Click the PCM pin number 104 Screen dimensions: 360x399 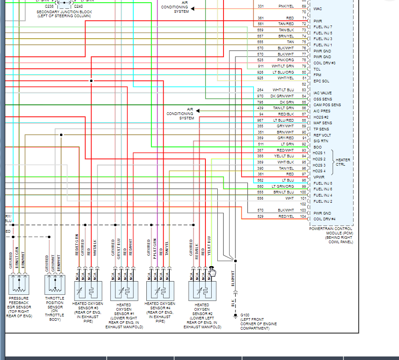point(304,216)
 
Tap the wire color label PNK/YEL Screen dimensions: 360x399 point(286,6)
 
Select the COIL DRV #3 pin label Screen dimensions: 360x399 point(324,63)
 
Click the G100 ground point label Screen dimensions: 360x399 point(245,315)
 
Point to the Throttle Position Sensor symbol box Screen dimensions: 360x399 point(55,284)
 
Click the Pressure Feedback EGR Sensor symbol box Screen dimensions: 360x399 point(19,284)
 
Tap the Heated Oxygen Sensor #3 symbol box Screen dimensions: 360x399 point(89,290)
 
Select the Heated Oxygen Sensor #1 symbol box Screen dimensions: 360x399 point(124,291)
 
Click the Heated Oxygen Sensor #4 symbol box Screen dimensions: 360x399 point(160,290)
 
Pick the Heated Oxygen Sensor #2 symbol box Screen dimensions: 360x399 point(202,291)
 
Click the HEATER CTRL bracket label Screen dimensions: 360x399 point(343,162)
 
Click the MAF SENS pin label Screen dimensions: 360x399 point(323,123)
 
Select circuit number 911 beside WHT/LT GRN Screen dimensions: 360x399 point(261,66)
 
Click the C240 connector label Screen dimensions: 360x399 point(78,7)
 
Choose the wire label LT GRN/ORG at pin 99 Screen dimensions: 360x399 point(283,186)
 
